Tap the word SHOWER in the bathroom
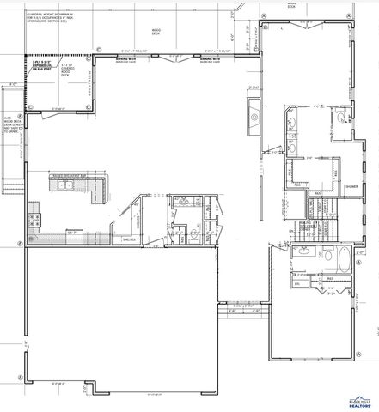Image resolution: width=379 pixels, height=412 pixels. (351, 186)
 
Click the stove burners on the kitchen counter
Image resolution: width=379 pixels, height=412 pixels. (35, 220)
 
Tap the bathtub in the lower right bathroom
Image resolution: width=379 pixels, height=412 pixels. (341, 260)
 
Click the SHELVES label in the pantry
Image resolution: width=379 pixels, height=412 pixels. (130, 239)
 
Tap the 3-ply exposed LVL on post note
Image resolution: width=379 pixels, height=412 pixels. (42, 65)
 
